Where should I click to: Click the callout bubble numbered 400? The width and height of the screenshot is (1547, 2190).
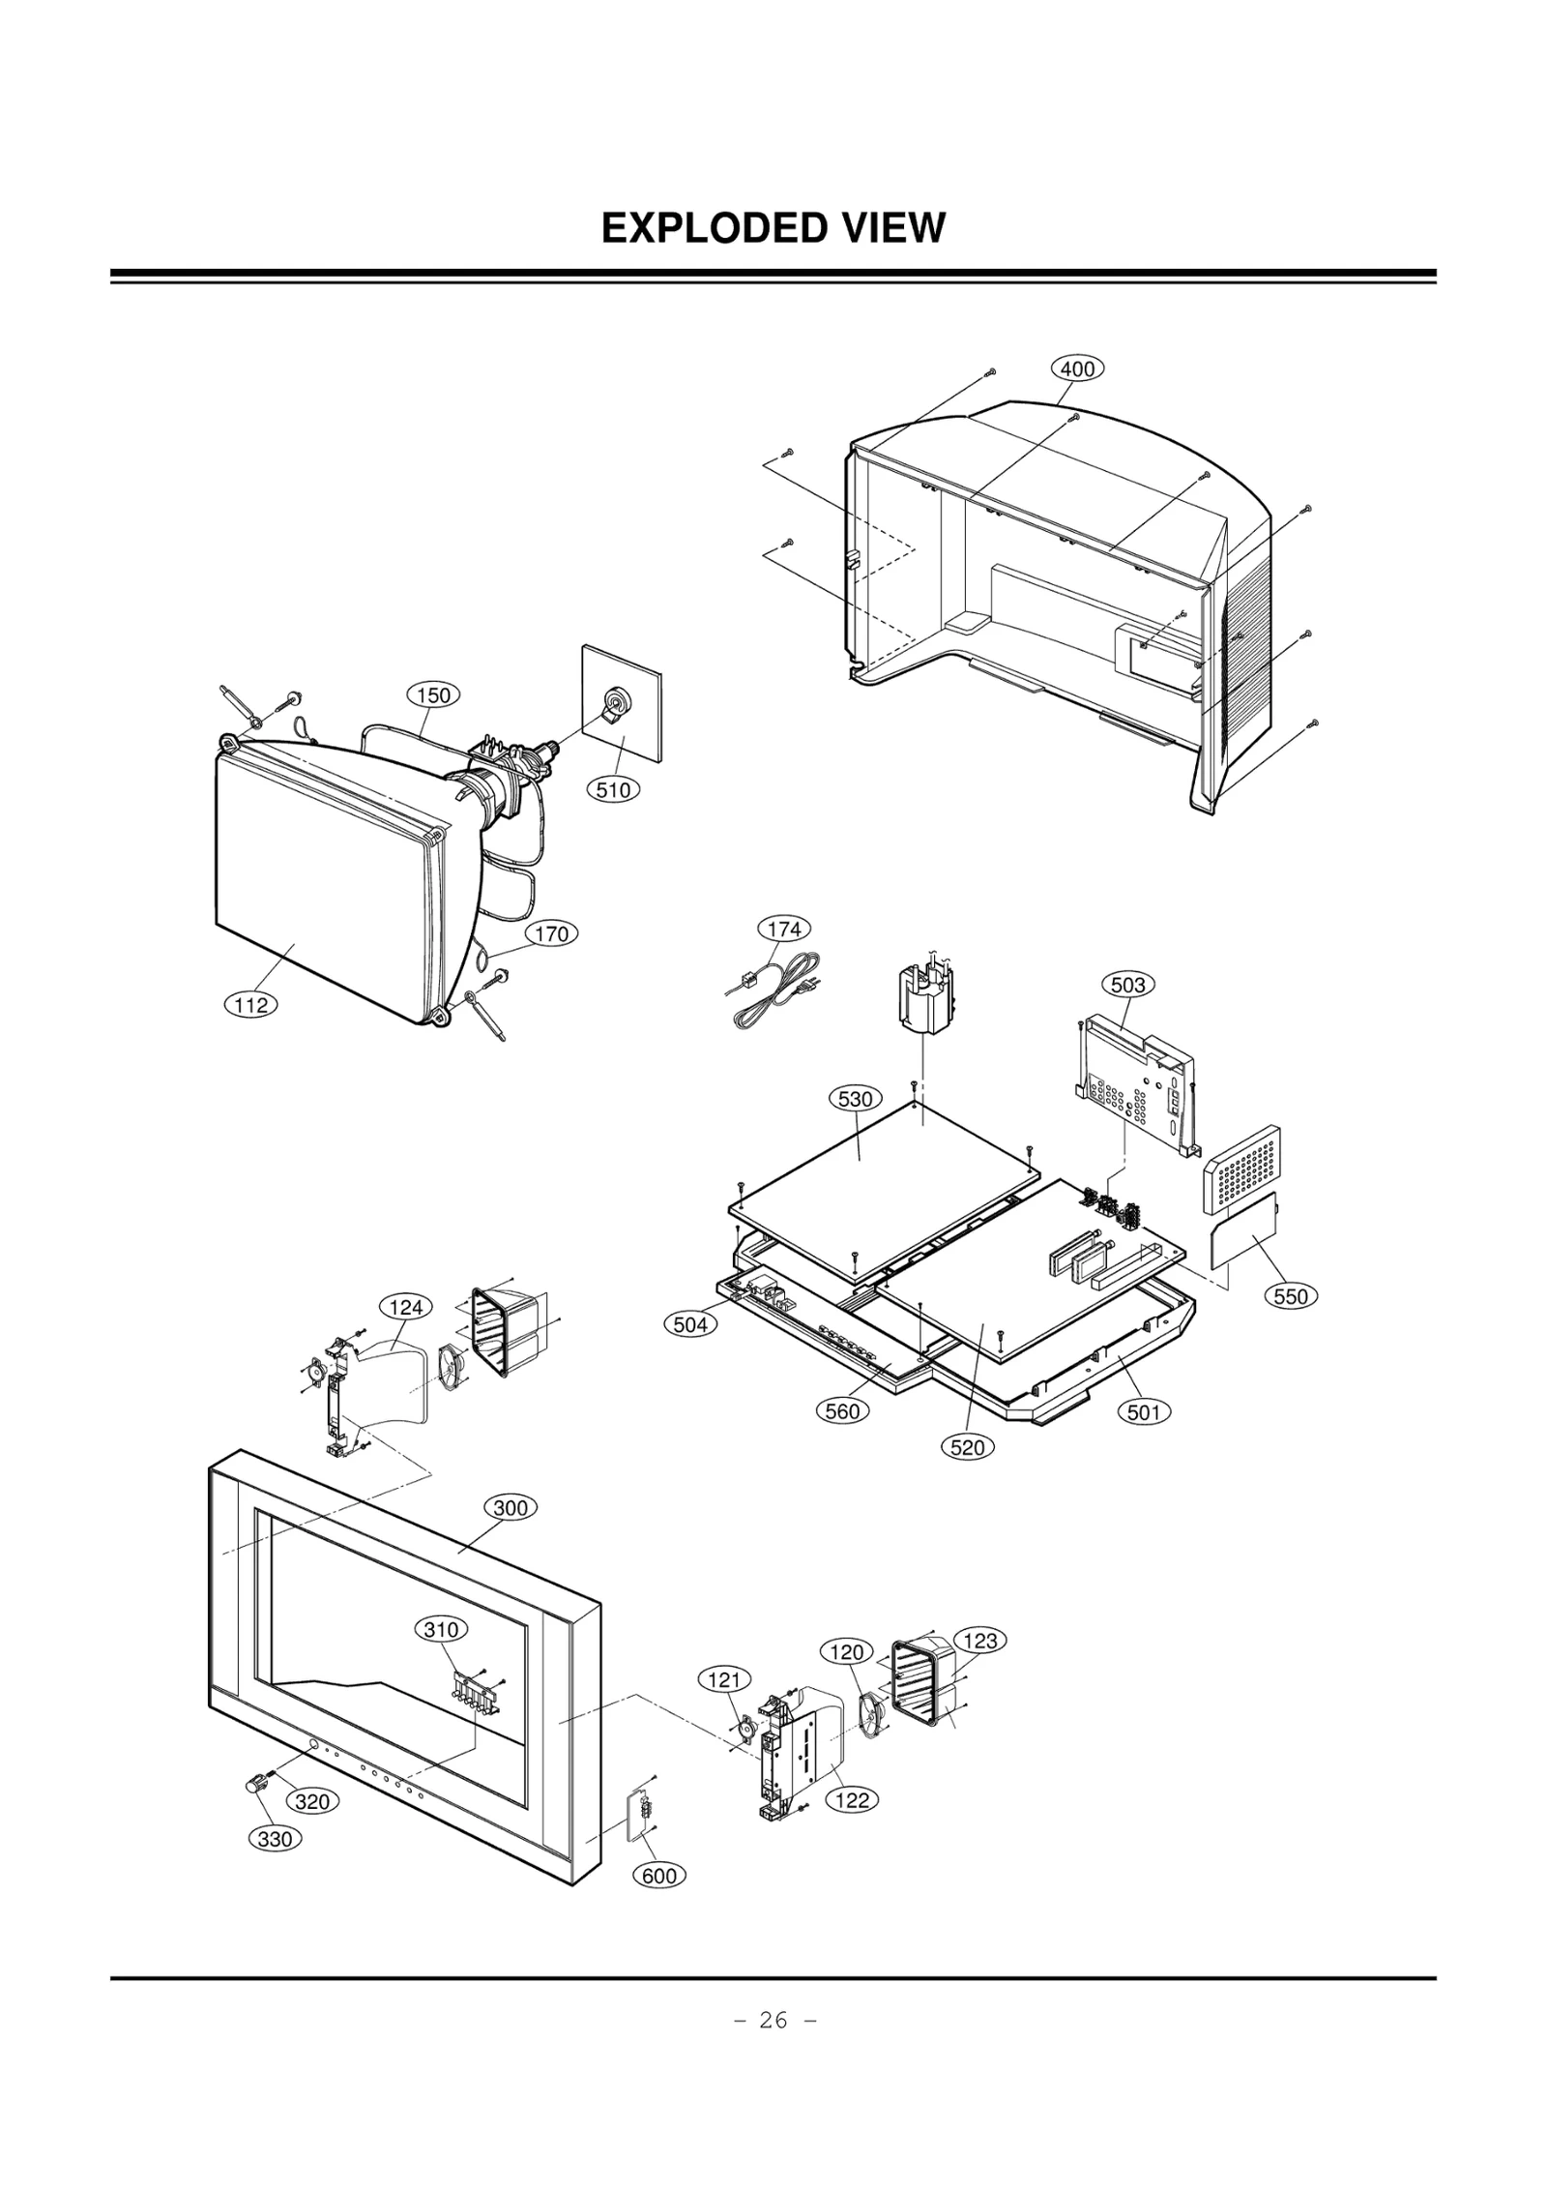1077,369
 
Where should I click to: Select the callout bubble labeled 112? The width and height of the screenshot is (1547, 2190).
251,1005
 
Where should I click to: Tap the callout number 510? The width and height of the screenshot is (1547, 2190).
612,789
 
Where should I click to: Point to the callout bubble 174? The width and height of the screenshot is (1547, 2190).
783,929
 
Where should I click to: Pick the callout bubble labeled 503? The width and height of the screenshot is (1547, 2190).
1127,985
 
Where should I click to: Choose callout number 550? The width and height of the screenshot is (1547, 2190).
1291,1296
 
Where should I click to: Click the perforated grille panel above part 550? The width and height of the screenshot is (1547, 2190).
1241,1171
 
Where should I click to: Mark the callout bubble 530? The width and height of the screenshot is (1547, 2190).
855,1099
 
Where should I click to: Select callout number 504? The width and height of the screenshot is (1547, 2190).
690,1324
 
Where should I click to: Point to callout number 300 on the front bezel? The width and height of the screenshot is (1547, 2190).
510,1508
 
